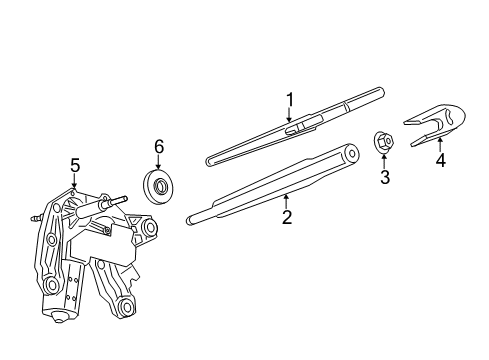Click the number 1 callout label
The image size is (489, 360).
pos(290,99)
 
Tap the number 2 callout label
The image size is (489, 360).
pos(287,216)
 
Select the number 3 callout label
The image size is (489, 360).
pos(384,178)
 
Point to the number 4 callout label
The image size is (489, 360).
pos(439,159)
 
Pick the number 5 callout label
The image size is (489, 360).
pos(74,165)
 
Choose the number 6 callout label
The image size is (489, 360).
pos(158,147)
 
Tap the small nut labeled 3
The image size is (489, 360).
pos(383,142)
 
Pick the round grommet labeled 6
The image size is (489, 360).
pos(158,186)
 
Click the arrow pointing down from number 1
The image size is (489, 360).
pos(290,116)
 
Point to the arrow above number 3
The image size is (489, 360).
pos(384,160)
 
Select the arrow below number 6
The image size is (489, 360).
pos(158,164)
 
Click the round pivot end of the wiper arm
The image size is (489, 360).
pos(349,153)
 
